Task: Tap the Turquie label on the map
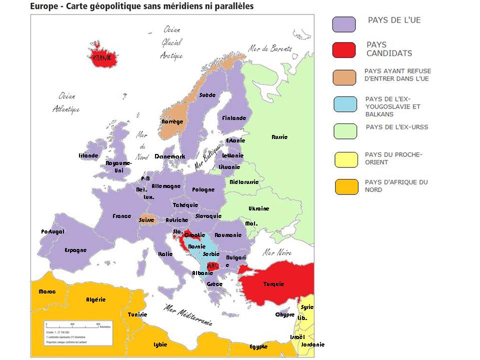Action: tap(273, 284)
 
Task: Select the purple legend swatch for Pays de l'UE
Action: tap(344, 24)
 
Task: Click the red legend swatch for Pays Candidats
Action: tap(344, 50)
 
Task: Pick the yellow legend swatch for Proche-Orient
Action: tap(345, 159)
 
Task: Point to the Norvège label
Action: tap(172, 121)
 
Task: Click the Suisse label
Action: tap(146, 220)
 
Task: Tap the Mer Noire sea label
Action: tap(277, 252)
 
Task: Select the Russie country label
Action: tap(279, 137)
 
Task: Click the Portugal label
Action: tap(52, 231)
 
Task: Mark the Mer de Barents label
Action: tap(270, 48)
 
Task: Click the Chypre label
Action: tap(284, 314)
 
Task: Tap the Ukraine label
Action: tap(258, 208)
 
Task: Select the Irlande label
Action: tap(88, 155)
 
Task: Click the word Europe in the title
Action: tap(43, 6)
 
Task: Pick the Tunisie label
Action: tap(137, 314)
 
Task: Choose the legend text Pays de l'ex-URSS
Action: tap(396, 127)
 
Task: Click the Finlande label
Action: tap(234, 118)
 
